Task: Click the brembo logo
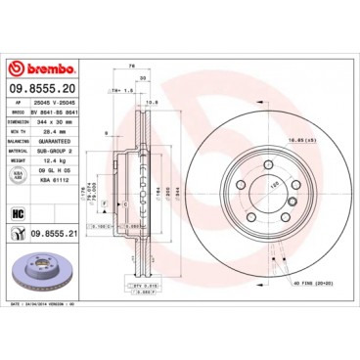44,69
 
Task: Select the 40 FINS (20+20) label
298,284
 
